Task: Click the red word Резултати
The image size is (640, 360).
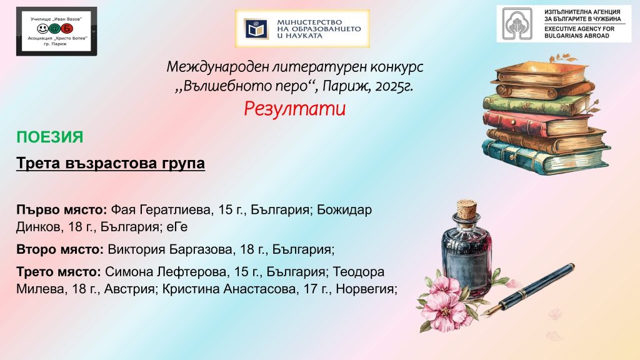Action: pyautogui.click(x=295, y=109)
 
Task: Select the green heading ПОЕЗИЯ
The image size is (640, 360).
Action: pyautogui.click(x=50, y=137)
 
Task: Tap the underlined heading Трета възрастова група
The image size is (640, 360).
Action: pyautogui.click(x=111, y=163)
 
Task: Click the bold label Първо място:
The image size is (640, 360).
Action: pyautogui.click(x=62, y=210)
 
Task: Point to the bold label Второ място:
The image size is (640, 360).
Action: pyautogui.click(x=60, y=249)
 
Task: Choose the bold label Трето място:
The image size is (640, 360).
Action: pyautogui.click(x=59, y=272)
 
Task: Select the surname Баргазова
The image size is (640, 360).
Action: pyautogui.click(x=201, y=249)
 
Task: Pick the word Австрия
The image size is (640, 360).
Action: pyautogui.click(x=129, y=289)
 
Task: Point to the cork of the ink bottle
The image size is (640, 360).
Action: pyautogui.click(x=466, y=209)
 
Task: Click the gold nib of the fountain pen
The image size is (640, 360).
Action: pyautogui.click(x=491, y=310)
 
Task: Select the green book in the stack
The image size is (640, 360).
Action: pyautogui.click(x=537, y=104)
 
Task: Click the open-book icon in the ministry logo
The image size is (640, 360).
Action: pyautogui.click(x=256, y=29)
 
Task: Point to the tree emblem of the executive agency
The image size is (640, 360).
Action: pyautogui.click(x=517, y=24)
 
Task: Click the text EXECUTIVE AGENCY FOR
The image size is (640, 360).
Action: pyautogui.click(x=579, y=29)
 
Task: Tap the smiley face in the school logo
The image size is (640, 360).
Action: pyautogui.click(x=43, y=29)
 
